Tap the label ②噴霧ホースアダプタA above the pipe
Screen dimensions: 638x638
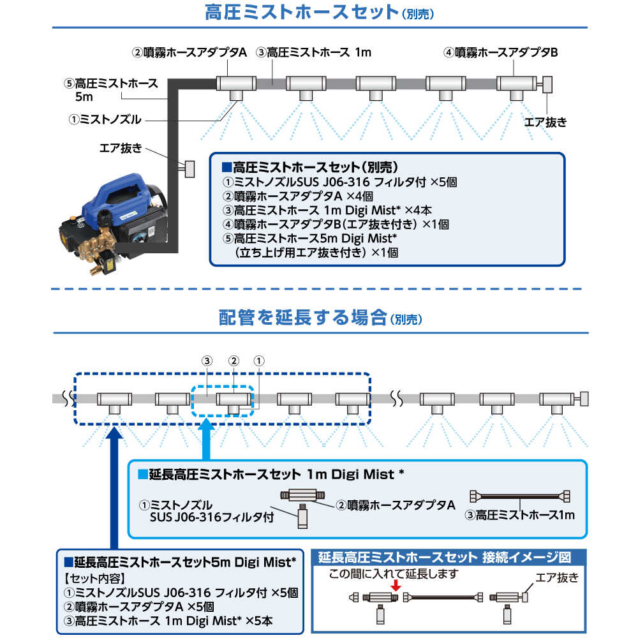click(189, 53)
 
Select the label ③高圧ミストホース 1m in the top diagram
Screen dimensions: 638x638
click(313, 53)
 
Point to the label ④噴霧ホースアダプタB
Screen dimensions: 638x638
click(501, 53)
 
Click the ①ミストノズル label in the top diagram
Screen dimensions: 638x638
click(105, 119)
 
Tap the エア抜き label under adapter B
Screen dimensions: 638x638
click(545, 122)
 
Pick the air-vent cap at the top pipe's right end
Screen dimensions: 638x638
click(547, 84)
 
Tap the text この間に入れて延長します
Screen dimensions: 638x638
click(394, 573)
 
